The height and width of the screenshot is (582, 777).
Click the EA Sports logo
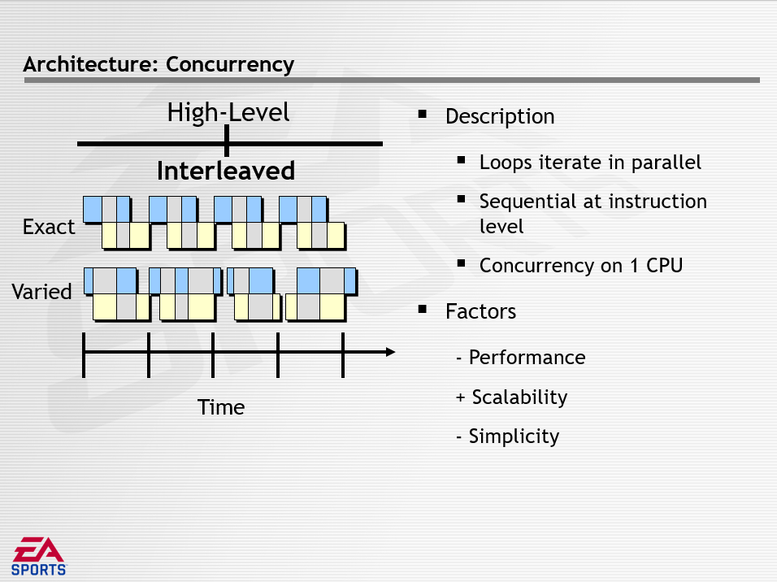pos(39,557)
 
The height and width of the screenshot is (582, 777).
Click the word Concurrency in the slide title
pos(230,65)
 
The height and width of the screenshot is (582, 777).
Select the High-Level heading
pos(228,112)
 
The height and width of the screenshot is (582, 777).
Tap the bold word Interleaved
pos(226,171)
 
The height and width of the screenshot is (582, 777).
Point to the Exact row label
pos(49,227)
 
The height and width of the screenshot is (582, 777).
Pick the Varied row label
pos(41,292)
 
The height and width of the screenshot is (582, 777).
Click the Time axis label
pos(221,407)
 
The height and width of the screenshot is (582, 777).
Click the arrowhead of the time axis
pos(390,352)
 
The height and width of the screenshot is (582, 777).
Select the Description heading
pos(500,117)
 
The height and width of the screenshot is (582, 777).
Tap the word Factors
pos(480,312)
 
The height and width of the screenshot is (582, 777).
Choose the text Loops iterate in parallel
pos(590,163)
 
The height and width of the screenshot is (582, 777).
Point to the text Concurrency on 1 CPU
pos(581,266)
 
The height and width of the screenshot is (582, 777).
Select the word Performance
pos(527,358)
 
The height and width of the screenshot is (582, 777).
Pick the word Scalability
pos(520,397)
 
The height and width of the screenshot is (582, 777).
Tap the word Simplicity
pos(514,436)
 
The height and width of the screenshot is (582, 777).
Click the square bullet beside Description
pos(422,115)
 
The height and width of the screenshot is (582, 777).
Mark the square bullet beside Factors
pos(422,310)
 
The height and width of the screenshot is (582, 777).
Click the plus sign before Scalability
pos(460,397)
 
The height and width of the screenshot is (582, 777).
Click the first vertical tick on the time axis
pos(84,355)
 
